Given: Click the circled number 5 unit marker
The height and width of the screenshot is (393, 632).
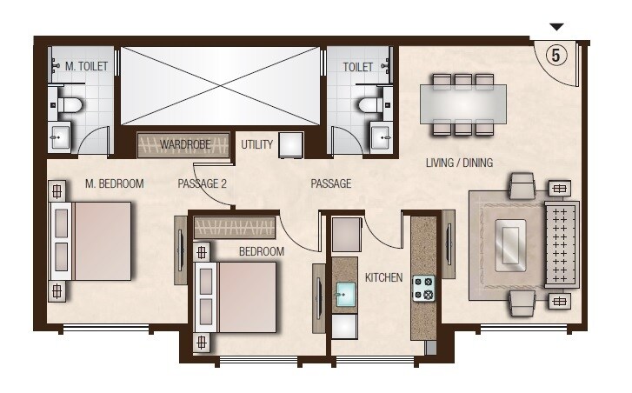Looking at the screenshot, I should click(556, 54).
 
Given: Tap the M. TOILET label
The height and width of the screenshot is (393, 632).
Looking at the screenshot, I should click(86, 66).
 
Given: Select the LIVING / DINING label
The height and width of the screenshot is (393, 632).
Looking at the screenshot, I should click(459, 163).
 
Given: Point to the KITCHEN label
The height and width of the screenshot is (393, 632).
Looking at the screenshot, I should click(383, 277).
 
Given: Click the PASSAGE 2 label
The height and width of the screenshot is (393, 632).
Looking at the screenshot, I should click(202, 183).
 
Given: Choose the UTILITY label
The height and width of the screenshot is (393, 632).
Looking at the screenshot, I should click(257, 144).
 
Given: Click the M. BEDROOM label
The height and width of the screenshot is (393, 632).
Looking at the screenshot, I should click(114, 183).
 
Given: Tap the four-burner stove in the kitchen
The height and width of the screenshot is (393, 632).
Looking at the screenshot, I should click(423, 287).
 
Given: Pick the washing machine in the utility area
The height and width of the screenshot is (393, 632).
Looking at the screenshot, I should click(290, 145).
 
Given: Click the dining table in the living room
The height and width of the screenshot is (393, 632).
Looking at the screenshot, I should click(463, 104).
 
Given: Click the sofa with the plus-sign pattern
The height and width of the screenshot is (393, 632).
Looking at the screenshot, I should click(562, 244).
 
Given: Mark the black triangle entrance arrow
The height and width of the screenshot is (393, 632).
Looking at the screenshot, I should click(557, 27).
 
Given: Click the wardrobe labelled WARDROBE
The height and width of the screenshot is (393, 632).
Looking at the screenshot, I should click(185, 144).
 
